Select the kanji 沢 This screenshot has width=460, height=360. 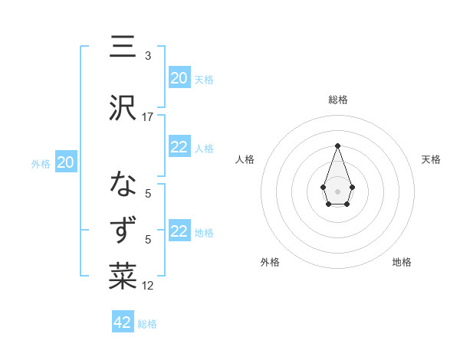tap(123, 108)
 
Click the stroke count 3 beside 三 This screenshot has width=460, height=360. tap(148, 56)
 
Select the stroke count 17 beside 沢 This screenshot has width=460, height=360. tap(148, 116)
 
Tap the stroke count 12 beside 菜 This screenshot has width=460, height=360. tap(148, 286)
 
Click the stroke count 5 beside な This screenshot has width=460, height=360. tap(148, 194)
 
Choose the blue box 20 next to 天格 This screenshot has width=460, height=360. tap(179, 78)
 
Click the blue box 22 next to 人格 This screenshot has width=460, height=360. tap(179, 148)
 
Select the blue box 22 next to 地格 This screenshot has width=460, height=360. tap(179, 231)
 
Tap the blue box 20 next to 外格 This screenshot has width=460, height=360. tap(66, 162)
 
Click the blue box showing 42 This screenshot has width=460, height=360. tap(123, 322)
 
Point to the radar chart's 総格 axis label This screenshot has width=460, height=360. tap(337, 100)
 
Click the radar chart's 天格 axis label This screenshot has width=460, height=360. tap(431, 159)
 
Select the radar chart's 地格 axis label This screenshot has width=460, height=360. tap(402, 262)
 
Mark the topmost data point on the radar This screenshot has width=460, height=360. tap(337, 145)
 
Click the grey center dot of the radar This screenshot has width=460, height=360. tap(337, 191)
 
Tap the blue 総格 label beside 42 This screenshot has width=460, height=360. tap(147, 324)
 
